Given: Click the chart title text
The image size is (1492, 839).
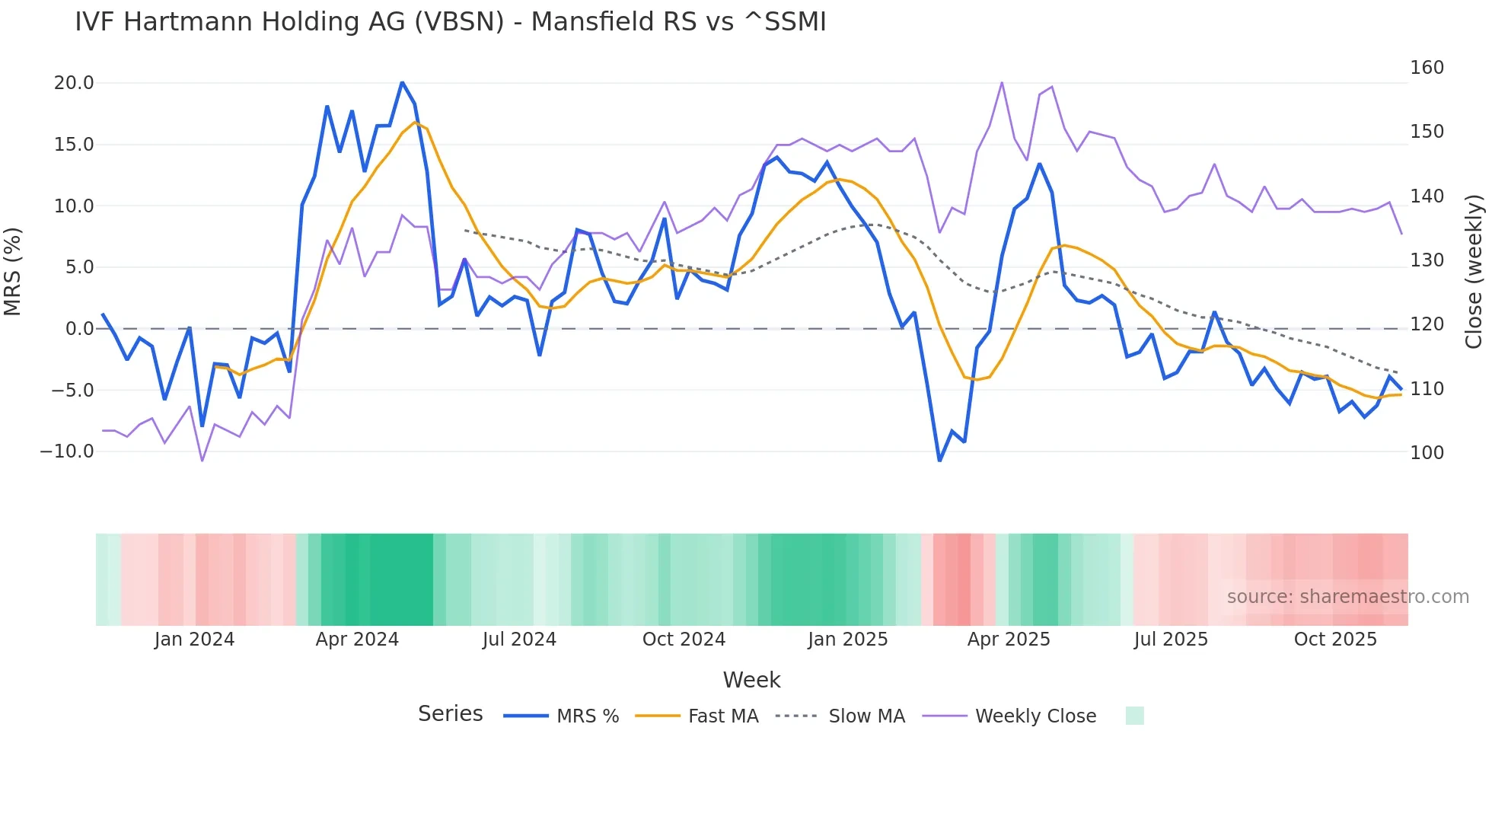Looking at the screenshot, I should (x=450, y=22).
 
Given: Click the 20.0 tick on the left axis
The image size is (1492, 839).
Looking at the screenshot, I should (x=73, y=83).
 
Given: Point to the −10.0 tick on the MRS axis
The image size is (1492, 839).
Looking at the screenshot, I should (x=67, y=451).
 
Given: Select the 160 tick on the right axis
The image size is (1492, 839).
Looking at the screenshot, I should (x=1427, y=68).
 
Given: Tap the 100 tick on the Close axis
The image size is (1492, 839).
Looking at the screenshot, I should (x=1427, y=453).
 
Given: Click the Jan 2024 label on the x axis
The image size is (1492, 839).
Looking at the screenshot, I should (x=194, y=640).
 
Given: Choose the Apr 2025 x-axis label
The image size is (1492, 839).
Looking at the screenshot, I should (x=1009, y=640).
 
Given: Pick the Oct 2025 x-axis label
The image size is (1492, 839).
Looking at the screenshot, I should (x=1335, y=640).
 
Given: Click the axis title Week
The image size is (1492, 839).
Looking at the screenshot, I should (x=751, y=680).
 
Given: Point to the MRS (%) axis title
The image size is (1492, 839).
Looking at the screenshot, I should (x=12, y=271).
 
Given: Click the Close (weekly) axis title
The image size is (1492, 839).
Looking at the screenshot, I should (x=1474, y=271).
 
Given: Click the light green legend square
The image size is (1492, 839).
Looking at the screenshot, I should (x=1134, y=716).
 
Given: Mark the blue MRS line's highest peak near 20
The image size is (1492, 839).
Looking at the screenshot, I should (x=402, y=82).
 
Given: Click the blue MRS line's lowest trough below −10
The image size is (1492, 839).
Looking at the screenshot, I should (x=939, y=461).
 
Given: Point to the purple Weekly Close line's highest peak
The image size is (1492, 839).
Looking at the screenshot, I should (x=1002, y=82).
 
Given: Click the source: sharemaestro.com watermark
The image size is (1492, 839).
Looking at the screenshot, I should (x=1347, y=597).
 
